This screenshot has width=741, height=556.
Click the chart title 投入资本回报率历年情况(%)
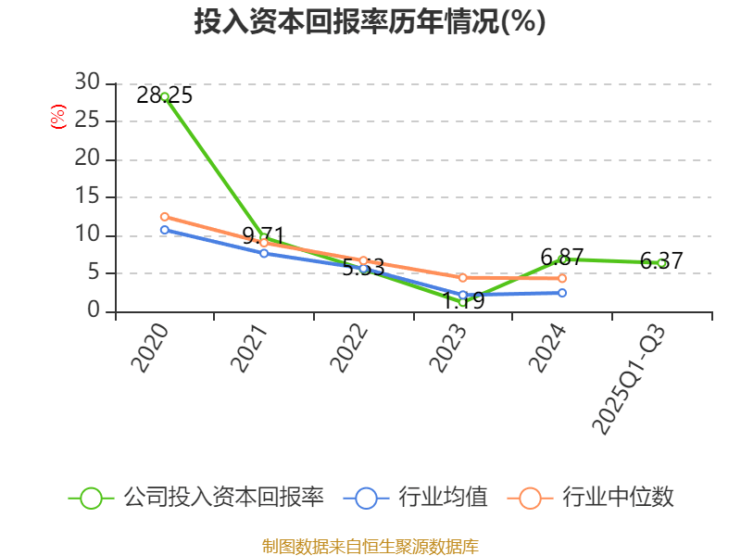(370, 21)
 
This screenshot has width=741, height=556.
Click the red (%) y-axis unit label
(57, 117)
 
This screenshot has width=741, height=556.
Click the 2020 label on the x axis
(150, 348)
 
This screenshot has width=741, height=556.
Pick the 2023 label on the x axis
(450, 348)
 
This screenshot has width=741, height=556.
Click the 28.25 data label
(165, 95)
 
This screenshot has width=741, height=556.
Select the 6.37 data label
(661, 261)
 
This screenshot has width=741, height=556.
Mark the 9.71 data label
(263, 234)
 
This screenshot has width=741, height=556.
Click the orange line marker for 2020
(165, 217)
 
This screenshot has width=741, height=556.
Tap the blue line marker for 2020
(165, 230)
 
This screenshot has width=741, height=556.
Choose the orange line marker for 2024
(562, 278)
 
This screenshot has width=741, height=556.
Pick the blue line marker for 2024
(562, 293)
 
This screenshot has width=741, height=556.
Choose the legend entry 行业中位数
(593, 498)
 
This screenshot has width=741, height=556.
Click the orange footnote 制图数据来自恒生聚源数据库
(370, 546)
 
